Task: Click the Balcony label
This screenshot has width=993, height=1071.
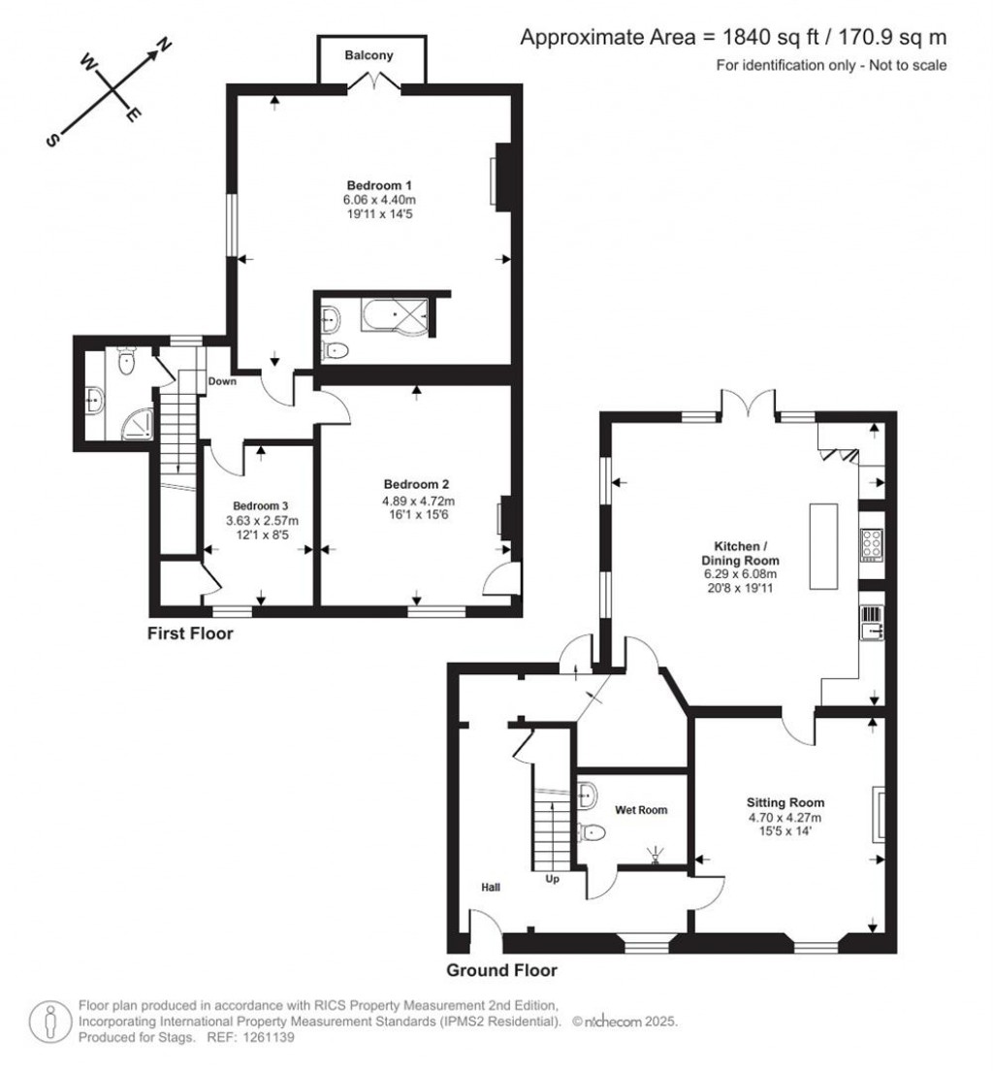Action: tap(368, 55)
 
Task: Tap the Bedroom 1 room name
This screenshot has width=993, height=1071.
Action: tap(379, 185)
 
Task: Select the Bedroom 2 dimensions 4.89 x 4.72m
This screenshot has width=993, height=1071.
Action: tap(418, 501)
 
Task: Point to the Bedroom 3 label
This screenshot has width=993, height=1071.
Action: tap(260, 506)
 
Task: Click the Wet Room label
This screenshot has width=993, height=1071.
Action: tap(641, 810)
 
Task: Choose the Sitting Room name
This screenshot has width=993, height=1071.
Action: tap(785, 802)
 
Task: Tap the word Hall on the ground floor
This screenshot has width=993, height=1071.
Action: tap(491, 888)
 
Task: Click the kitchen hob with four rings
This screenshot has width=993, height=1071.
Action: tap(872, 545)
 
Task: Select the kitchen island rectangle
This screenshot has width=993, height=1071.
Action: tap(823, 546)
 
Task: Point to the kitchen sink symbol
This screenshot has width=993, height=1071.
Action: tap(872, 623)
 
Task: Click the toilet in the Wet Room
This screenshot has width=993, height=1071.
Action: tap(592, 832)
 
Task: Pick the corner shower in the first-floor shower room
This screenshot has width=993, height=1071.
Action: tap(138, 424)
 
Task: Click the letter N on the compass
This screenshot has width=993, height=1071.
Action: tap(164, 45)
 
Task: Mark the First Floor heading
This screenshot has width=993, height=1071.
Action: tap(190, 633)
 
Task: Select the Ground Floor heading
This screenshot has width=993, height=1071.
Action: tap(502, 970)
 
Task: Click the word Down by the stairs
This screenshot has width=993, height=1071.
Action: tap(222, 381)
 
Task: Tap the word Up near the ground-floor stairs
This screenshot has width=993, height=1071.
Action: tap(553, 878)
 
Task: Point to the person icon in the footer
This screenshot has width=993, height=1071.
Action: tap(50, 1022)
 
